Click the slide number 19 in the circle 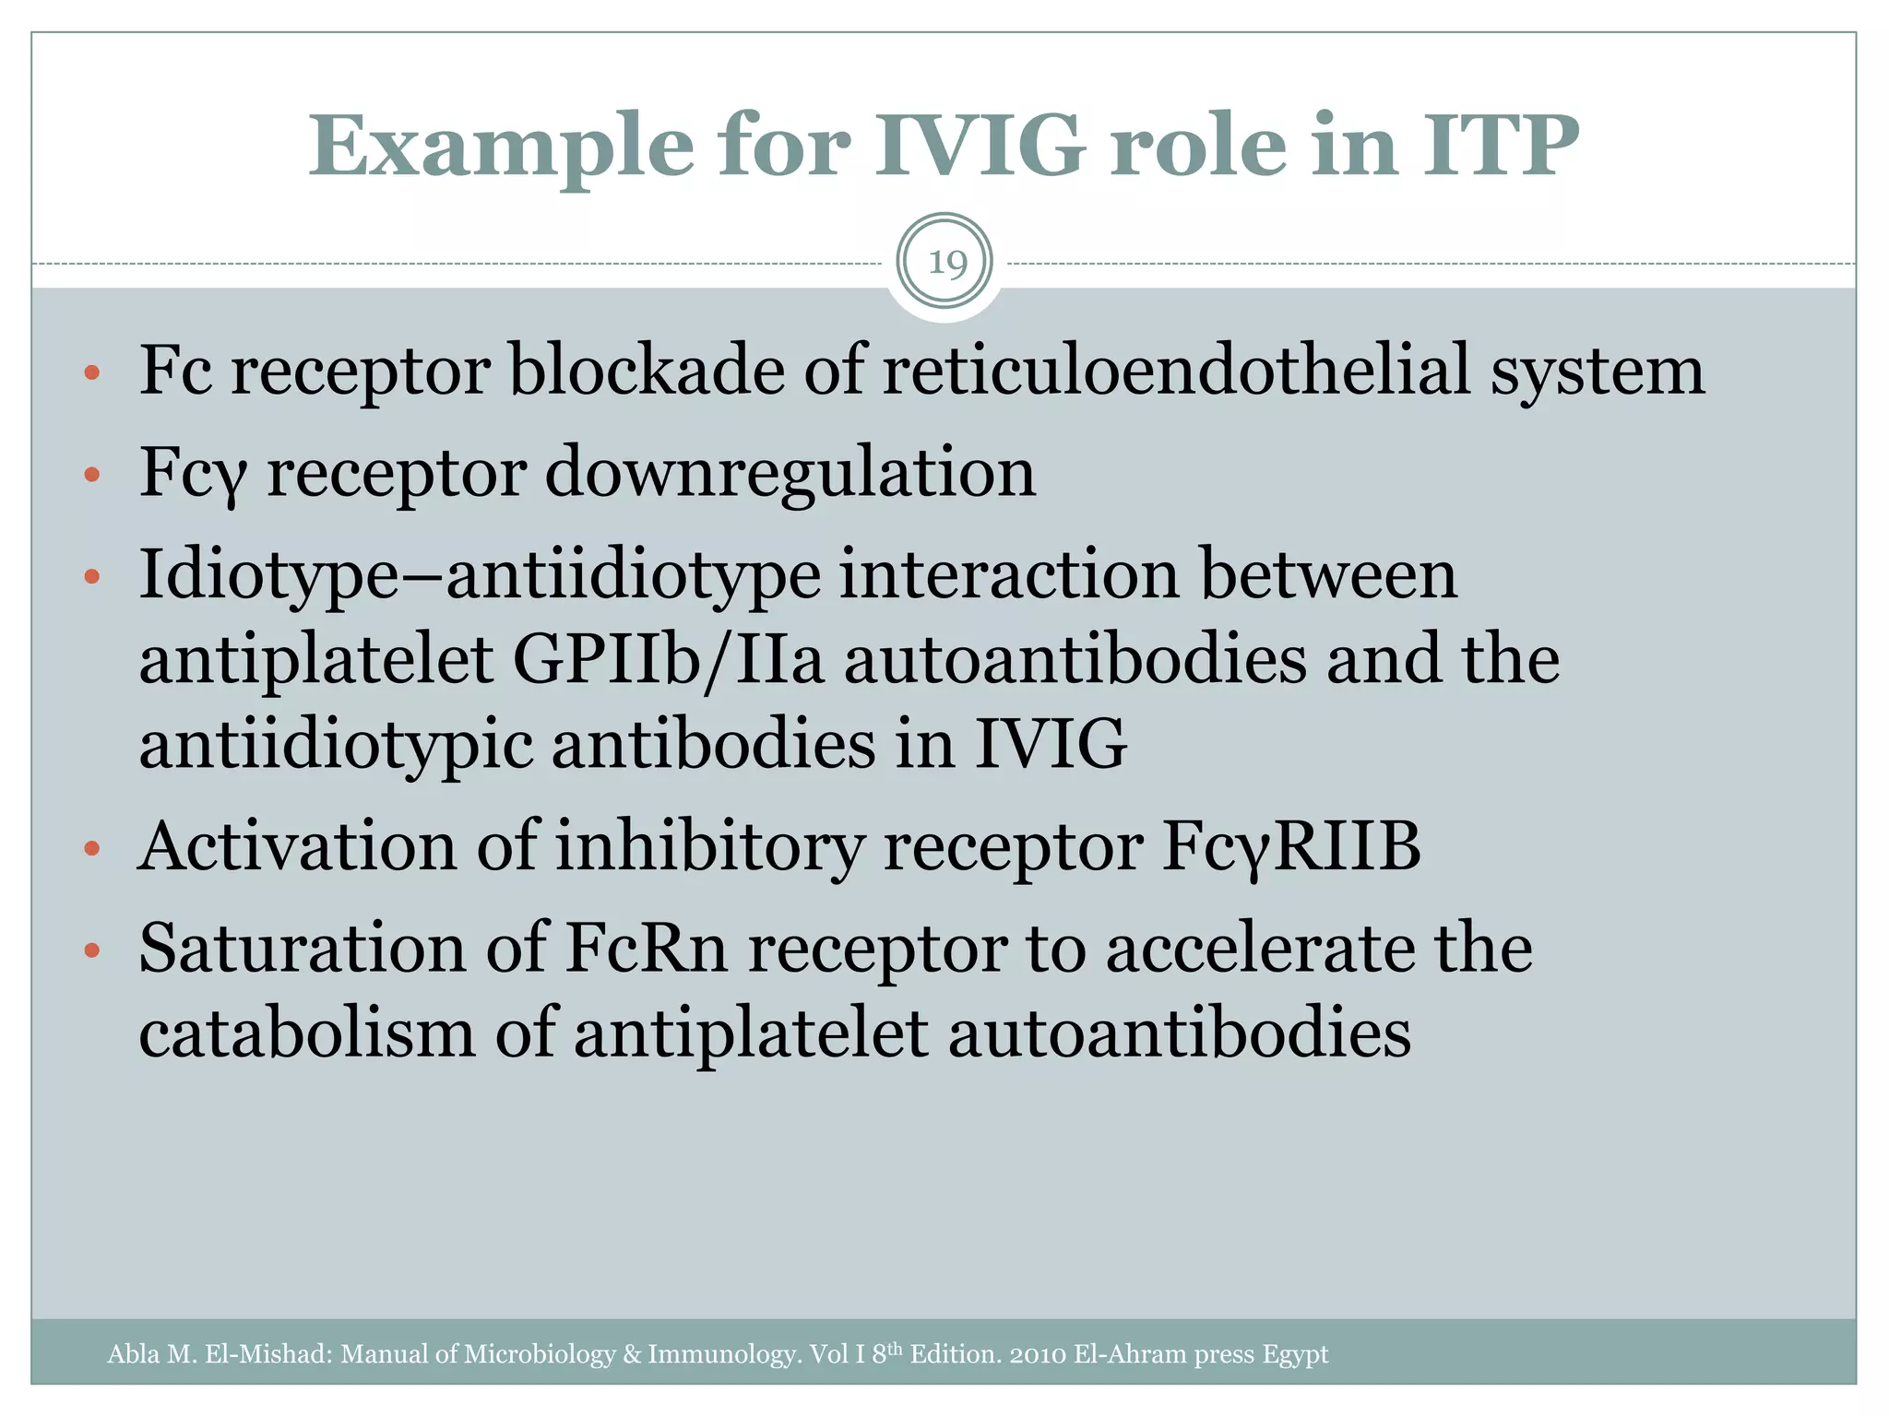click(945, 264)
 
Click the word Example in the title click(501, 147)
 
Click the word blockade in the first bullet click(647, 371)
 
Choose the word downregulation click(790, 472)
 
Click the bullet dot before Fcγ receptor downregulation click(90, 475)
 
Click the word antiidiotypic click(336, 745)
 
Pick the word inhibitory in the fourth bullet click(710, 846)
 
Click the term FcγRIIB click(1291, 846)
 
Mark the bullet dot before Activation click(90, 848)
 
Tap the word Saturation click(303, 948)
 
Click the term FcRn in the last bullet click(646, 948)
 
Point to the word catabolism click(307, 1032)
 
